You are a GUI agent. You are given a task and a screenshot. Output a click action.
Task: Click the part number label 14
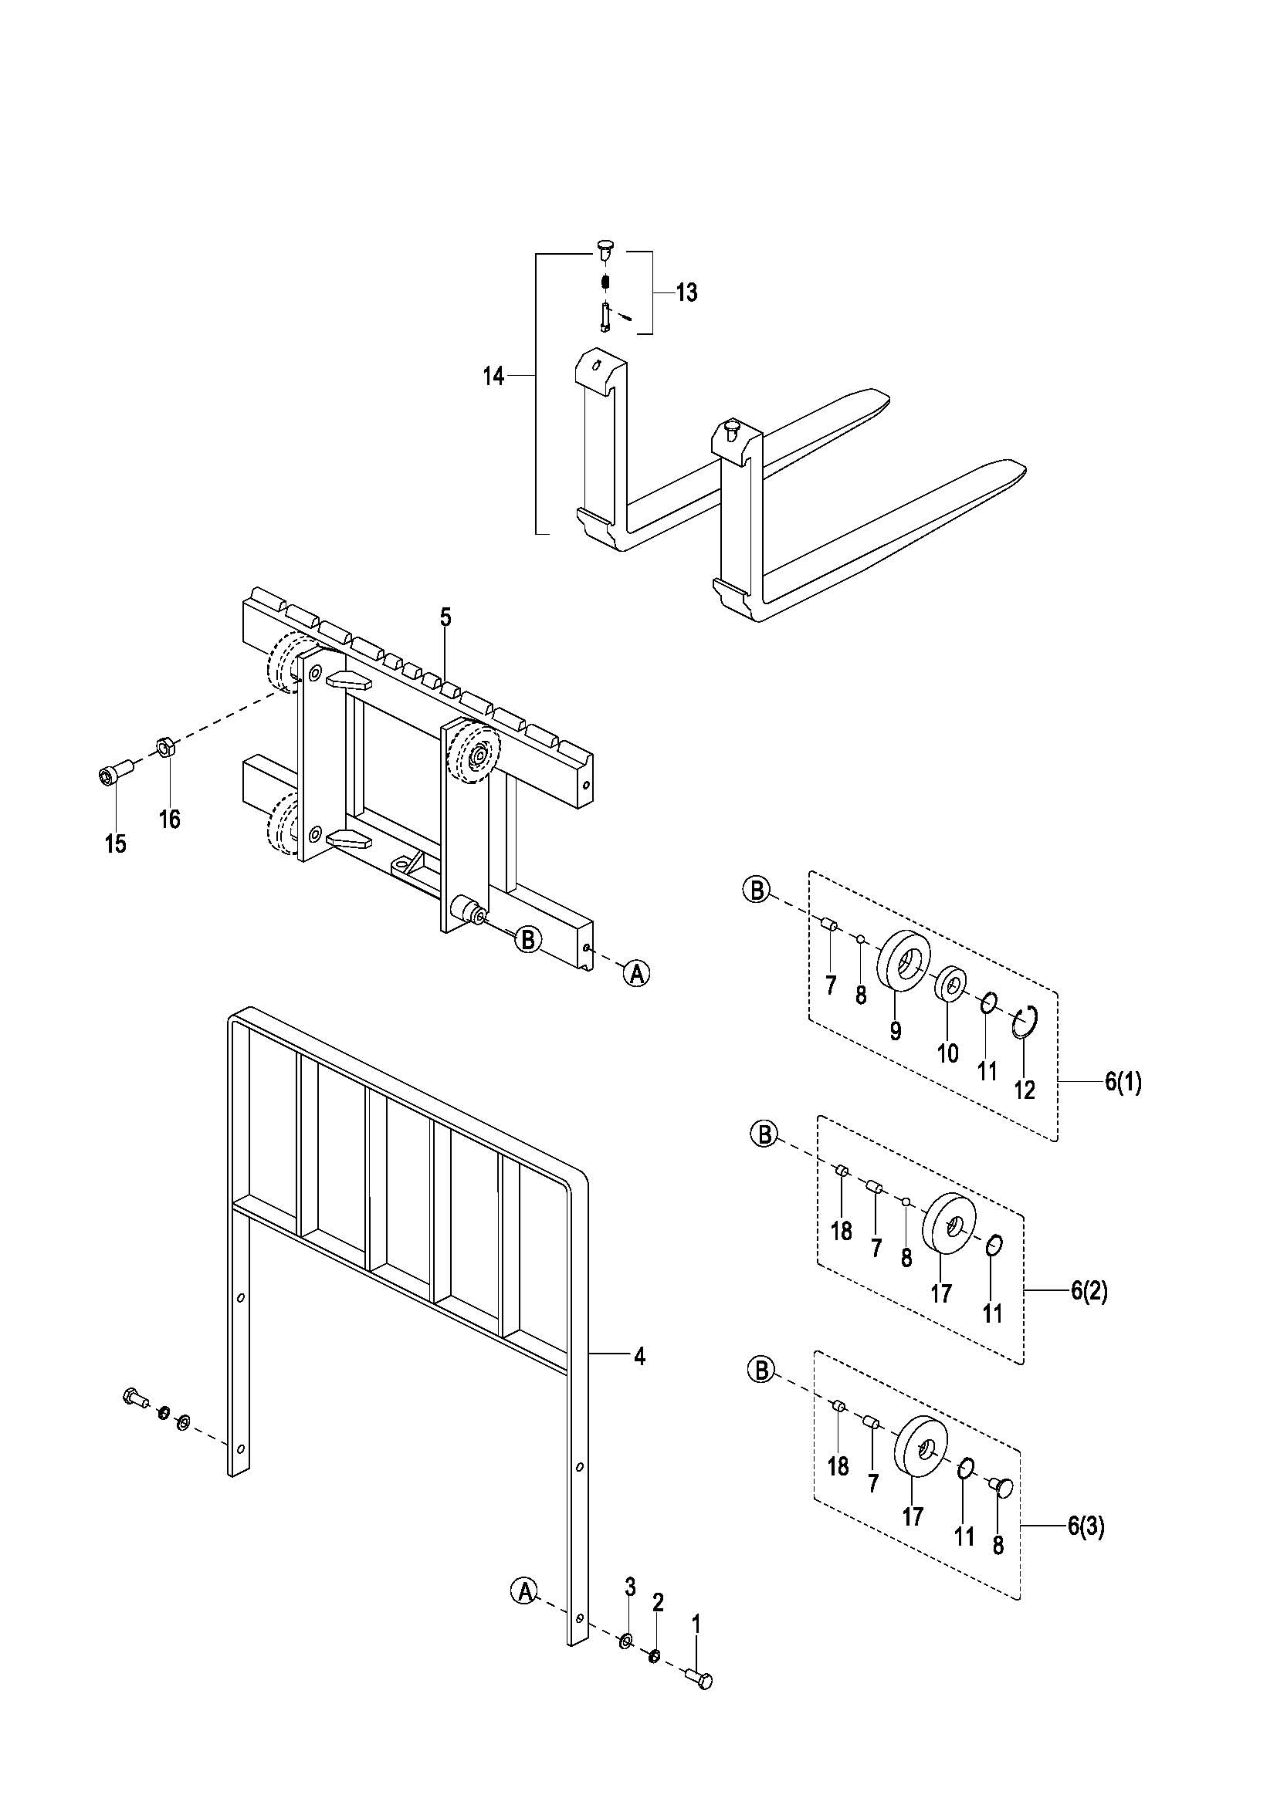click(x=493, y=377)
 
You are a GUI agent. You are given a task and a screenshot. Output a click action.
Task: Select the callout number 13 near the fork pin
click(x=686, y=292)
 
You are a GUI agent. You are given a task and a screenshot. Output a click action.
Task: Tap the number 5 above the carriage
click(x=445, y=617)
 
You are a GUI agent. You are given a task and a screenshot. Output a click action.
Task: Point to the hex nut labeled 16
click(x=165, y=745)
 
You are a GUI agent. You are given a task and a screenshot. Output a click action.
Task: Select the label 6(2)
click(x=1089, y=1290)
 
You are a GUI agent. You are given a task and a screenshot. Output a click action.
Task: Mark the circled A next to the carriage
click(x=637, y=973)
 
